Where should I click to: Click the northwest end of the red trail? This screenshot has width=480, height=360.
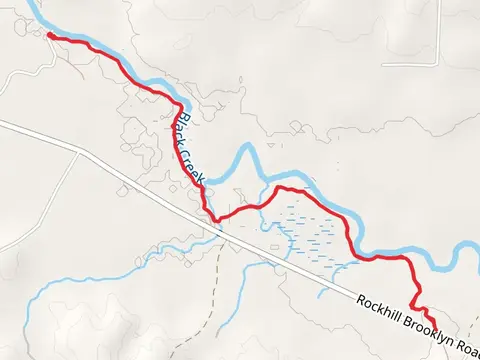(49, 35)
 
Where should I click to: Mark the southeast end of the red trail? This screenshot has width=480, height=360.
(432, 322)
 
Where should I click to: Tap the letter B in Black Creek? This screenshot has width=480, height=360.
(178, 122)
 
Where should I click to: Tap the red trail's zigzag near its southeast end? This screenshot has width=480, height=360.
(419, 308)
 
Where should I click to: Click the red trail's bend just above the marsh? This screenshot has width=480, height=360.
(281, 188)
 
